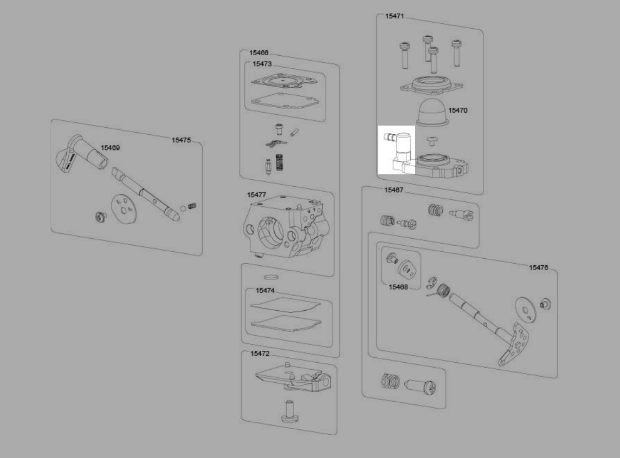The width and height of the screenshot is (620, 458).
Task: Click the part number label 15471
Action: tap(394, 16)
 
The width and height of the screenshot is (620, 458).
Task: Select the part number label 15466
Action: tap(259, 53)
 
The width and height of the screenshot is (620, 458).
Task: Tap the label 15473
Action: tap(262, 64)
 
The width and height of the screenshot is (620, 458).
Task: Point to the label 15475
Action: tap(181, 140)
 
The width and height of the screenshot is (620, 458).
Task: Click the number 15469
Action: tap(110, 148)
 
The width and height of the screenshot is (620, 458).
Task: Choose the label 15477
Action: tap(256, 195)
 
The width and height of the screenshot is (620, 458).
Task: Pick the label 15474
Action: tap(265, 291)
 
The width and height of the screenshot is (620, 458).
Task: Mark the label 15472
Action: tap(260, 354)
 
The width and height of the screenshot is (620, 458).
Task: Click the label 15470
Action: tap(457, 110)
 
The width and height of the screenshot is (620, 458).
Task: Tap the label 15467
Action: tap(393, 190)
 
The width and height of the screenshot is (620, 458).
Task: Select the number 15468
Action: tap(398, 287)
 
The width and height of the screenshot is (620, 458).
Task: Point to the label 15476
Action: tap(538, 267)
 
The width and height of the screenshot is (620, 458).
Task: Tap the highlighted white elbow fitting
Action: tap(399, 149)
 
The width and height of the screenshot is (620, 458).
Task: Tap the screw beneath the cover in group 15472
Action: tap(288, 411)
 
